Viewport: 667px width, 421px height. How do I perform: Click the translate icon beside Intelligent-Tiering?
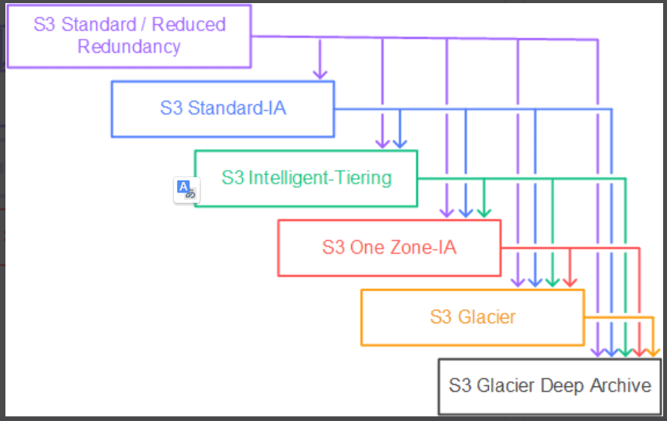(x=186, y=190)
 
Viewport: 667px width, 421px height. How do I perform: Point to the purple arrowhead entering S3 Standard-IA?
(x=320, y=75)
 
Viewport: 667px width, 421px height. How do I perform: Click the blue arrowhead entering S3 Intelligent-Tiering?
(x=400, y=144)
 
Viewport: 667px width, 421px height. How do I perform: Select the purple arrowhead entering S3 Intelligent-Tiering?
(x=382, y=144)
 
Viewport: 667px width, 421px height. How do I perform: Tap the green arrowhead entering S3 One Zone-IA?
(x=484, y=213)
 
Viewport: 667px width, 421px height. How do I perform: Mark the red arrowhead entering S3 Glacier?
(x=570, y=282)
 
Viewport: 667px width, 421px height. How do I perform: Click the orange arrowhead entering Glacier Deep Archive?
(x=653, y=353)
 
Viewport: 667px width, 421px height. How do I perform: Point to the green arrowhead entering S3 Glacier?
(x=552, y=282)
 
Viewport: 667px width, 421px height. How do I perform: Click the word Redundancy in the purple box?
(x=129, y=46)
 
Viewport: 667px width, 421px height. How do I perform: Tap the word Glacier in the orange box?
(x=487, y=317)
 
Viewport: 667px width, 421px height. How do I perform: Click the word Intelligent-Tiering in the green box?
(x=320, y=178)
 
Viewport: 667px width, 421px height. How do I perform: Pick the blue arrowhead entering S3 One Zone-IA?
(x=466, y=213)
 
